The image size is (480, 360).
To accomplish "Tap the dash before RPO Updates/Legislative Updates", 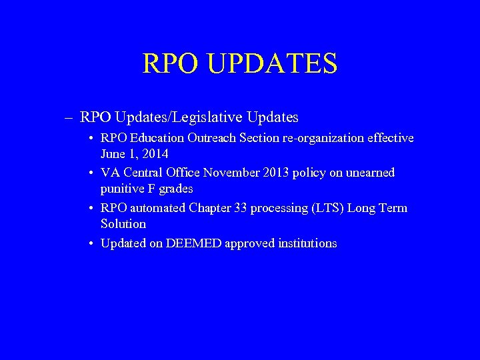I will click(69, 118).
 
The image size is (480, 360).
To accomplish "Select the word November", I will click(229, 173).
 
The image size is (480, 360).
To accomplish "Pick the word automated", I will click(158, 208).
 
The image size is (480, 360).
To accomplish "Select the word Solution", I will click(123, 224).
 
